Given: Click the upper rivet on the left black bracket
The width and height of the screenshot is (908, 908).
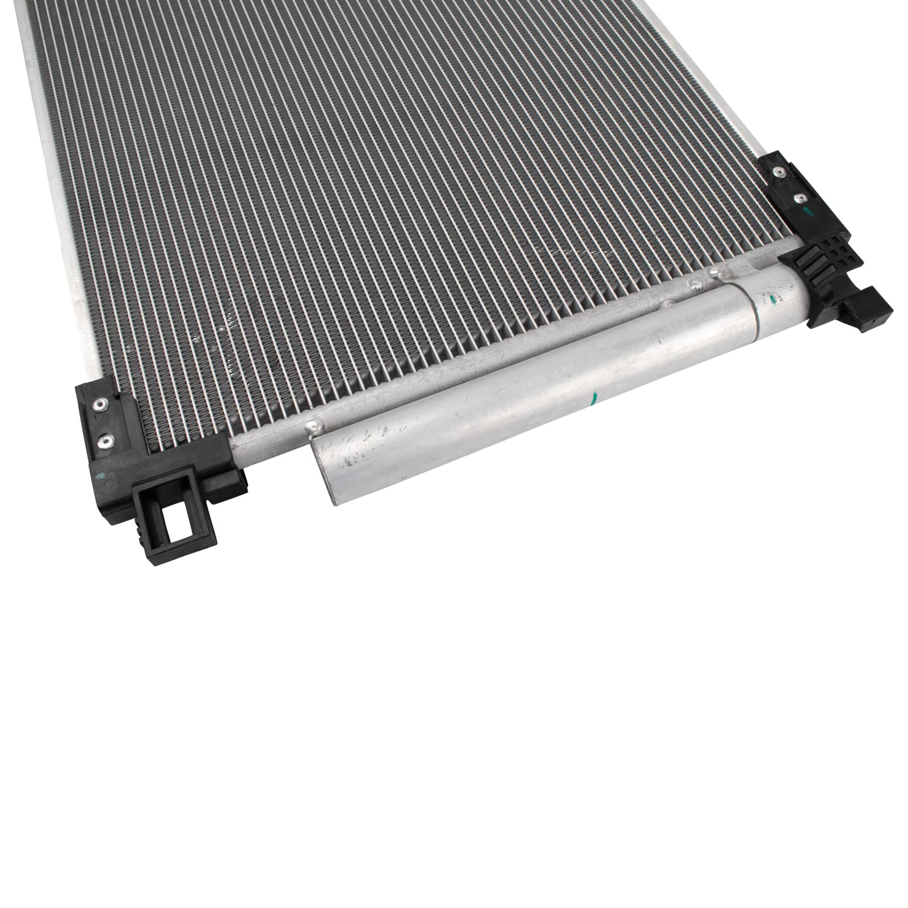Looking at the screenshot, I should point(102,403).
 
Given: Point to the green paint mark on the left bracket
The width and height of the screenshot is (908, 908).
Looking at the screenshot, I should point(102,460).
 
